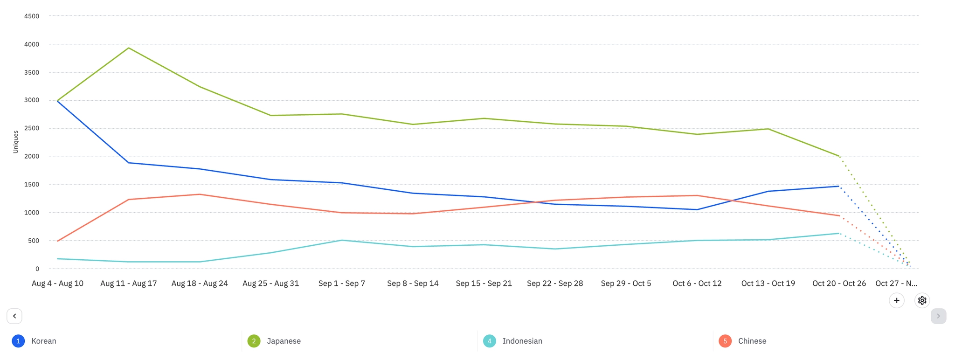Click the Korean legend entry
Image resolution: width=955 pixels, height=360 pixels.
(x=43, y=341)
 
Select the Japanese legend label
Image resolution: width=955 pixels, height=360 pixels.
(x=284, y=341)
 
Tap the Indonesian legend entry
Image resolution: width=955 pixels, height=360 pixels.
(x=522, y=341)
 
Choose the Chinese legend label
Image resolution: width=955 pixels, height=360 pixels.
(x=752, y=341)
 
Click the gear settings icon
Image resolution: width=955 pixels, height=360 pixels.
(x=922, y=300)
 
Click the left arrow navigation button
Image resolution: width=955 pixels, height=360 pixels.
(x=14, y=316)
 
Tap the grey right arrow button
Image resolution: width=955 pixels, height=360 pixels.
(x=938, y=316)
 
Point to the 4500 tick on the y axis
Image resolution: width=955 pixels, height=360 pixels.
(x=32, y=16)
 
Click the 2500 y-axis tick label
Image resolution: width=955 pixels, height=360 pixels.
(x=32, y=128)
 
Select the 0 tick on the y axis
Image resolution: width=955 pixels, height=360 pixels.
(x=37, y=269)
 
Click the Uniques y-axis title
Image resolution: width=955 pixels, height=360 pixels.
(x=15, y=142)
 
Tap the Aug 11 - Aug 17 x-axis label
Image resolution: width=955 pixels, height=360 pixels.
(x=129, y=284)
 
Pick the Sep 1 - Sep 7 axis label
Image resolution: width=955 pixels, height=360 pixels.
(x=342, y=284)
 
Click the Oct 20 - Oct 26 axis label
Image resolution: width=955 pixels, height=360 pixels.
(x=839, y=284)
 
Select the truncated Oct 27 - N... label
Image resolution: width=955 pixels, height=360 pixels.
(x=896, y=284)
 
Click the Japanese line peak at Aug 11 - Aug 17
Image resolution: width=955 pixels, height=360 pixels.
(x=129, y=48)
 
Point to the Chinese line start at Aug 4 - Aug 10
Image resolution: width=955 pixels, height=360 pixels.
(x=57, y=241)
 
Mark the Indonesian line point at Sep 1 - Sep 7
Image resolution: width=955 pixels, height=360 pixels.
(x=342, y=240)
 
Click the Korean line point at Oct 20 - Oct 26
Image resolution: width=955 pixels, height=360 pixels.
(x=839, y=187)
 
